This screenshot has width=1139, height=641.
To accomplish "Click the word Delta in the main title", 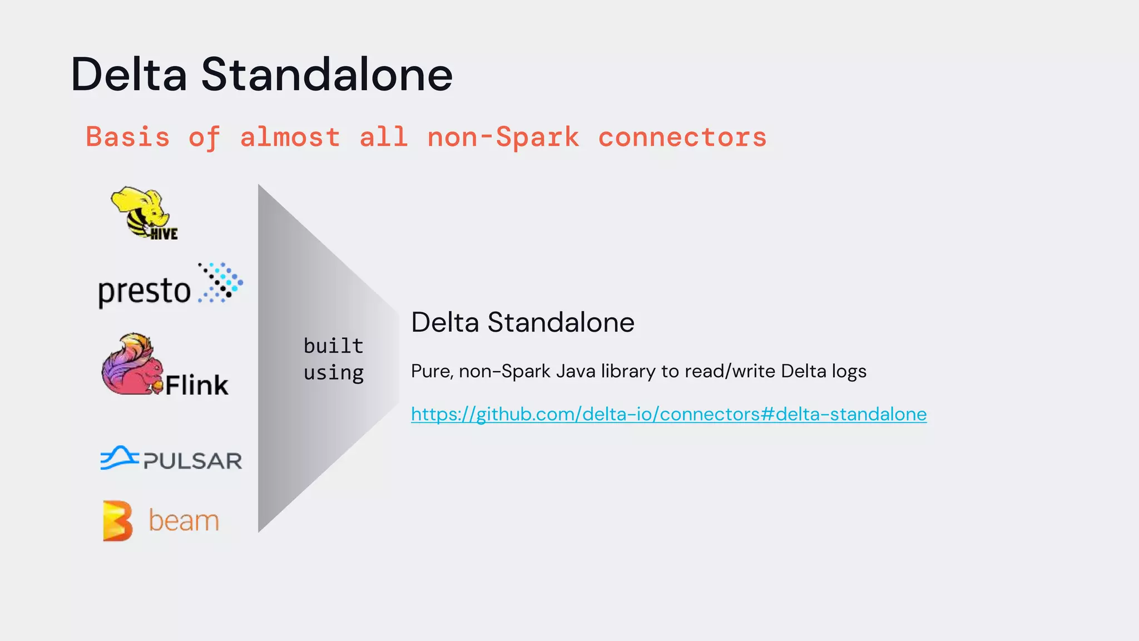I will click(128, 75).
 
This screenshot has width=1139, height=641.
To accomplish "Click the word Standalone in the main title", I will click(327, 75).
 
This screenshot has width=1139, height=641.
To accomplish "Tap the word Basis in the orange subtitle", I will click(127, 137).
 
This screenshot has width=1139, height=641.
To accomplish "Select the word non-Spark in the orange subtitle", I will click(503, 137).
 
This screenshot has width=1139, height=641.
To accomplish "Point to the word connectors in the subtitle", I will click(682, 137).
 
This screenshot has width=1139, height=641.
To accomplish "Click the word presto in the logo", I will click(144, 291).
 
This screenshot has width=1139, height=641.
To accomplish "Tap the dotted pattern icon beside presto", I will click(221, 283).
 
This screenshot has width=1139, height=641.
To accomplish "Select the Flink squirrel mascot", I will click(131, 365).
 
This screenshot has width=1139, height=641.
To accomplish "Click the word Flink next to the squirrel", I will click(197, 385).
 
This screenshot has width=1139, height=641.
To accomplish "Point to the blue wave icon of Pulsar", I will click(119, 457).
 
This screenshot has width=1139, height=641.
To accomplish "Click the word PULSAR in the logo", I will click(192, 461).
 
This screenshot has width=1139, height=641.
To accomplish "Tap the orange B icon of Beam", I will click(118, 521).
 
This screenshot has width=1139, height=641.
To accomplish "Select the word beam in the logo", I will click(184, 521).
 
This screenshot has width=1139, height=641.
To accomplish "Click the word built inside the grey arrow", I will click(333, 346).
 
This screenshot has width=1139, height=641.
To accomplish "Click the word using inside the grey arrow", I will click(333, 372).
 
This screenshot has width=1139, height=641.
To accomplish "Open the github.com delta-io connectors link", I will click(668, 414).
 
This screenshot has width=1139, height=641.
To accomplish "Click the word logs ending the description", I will click(849, 371).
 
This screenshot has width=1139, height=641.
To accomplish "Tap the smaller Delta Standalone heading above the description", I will click(522, 322).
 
